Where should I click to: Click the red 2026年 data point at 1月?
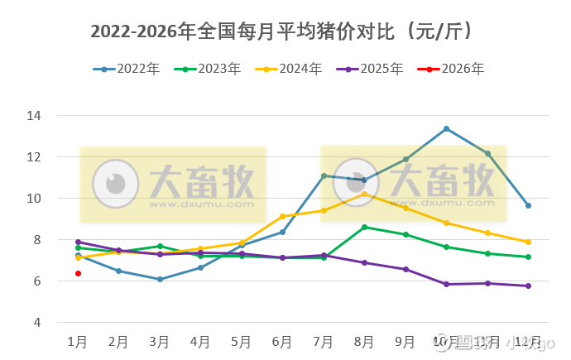click(78, 273)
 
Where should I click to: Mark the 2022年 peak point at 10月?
click(446, 128)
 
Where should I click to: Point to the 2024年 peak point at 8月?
click(364, 194)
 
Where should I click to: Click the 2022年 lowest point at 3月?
click(160, 279)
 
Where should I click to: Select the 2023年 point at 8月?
click(364, 227)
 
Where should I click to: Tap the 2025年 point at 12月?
click(528, 286)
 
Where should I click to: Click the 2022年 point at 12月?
click(528, 205)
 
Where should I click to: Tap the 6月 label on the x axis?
click(282, 341)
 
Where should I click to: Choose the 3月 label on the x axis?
click(160, 341)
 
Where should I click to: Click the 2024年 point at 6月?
click(282, 216)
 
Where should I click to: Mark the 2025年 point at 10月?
click(446, 284)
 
